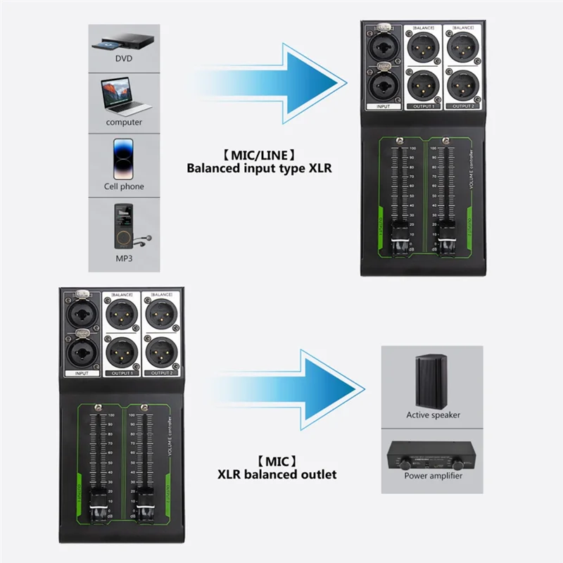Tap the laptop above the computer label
pyautogui.click(x=124, y=97)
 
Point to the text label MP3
pyautogui.click(x=124, y=259)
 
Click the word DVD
pyautogui.click(x=124, y=58)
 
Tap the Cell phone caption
pyautogui.click(x=124, y=186)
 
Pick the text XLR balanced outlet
pyautogui.click(x=277, y=474)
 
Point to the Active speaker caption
pyautogui.click(x=433, y=415)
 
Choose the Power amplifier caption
pyautogui.click(x=433, y=476)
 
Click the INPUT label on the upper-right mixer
pyautogui.click(x=383, y=106)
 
